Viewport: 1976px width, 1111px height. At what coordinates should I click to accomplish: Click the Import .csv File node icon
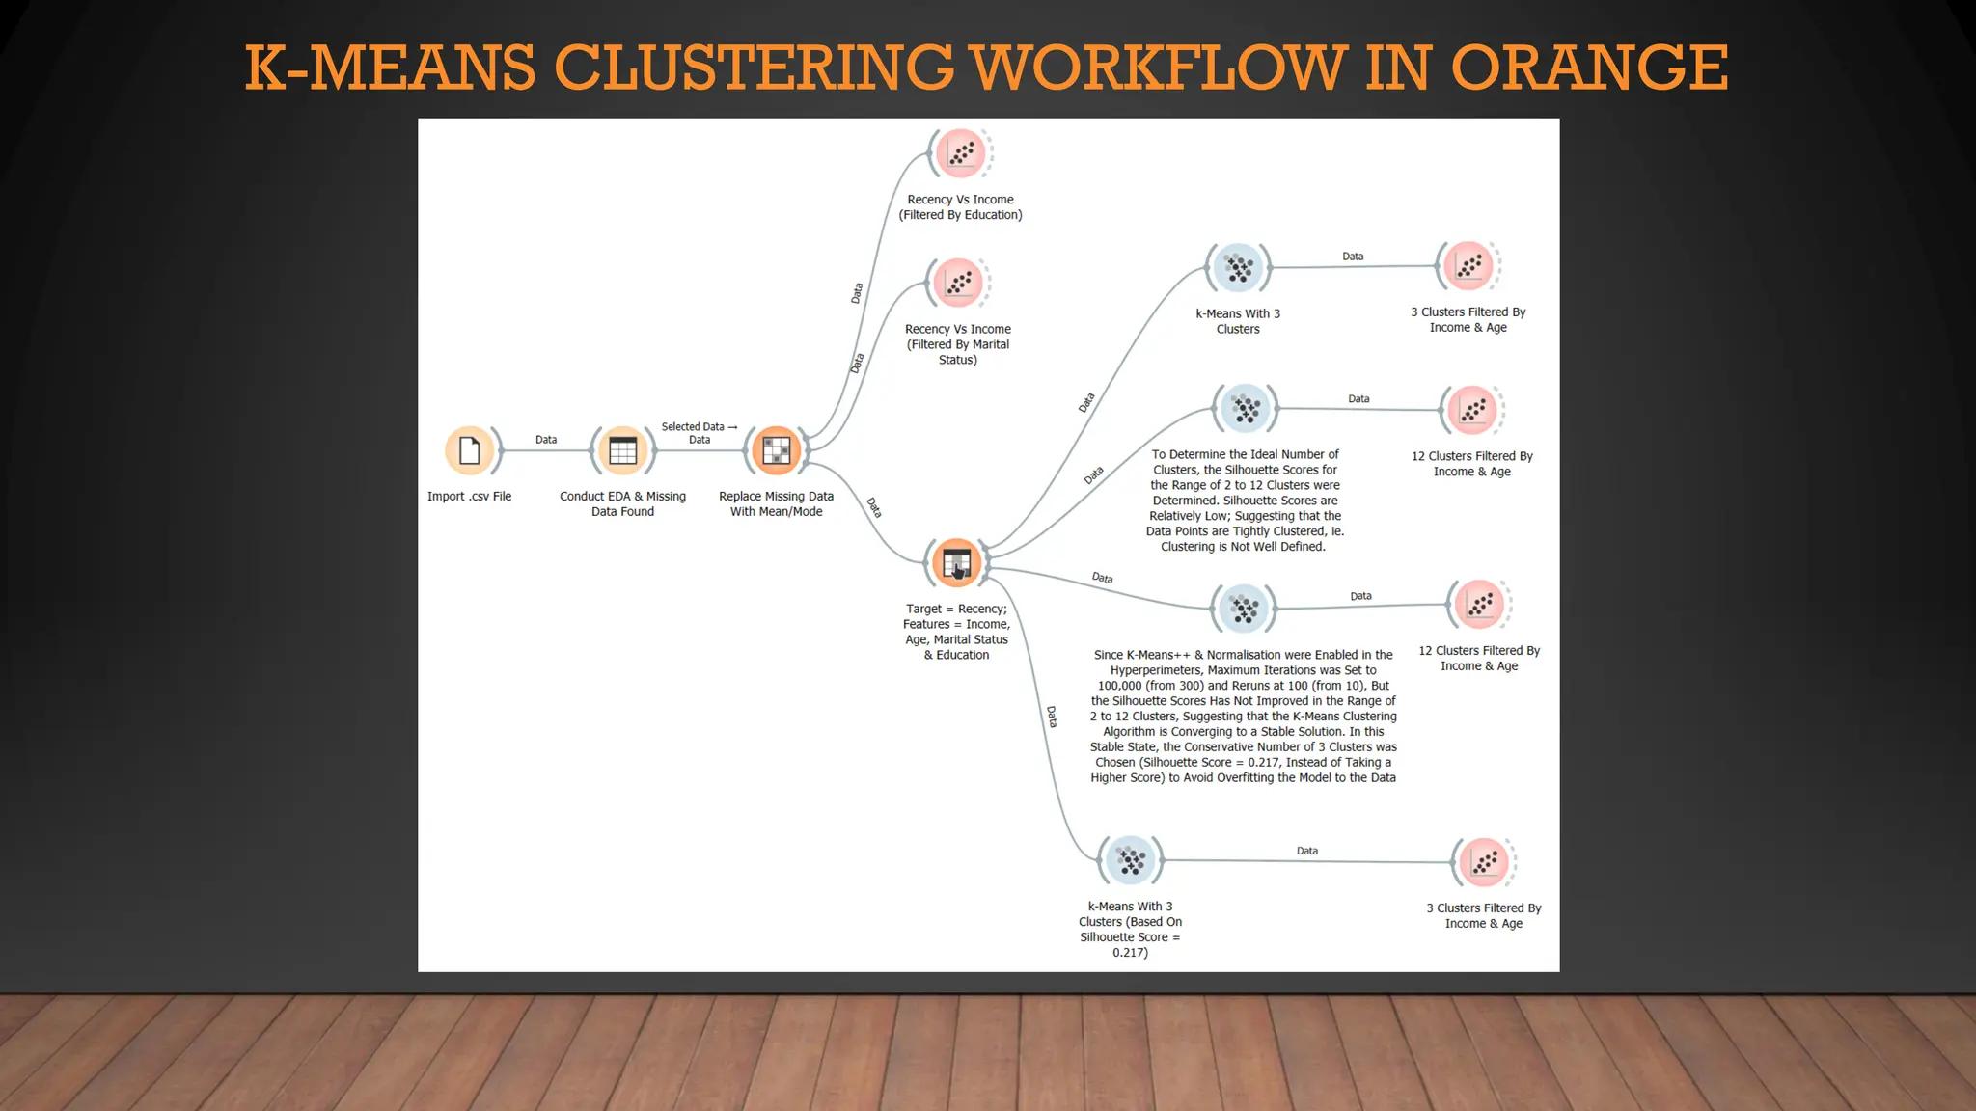(x=470, y=450)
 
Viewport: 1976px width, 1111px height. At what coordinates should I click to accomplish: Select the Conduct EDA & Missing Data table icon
(x=623, y=450)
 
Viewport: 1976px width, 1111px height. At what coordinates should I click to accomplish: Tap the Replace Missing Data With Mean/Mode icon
(x=777, y=450)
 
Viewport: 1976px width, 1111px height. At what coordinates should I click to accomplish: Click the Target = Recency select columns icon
(x=956, y=562)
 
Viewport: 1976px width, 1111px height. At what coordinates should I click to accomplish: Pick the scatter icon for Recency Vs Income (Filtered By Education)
(x=961, y=152)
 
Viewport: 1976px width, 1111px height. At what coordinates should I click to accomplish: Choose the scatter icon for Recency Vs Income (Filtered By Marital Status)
(x=958, y=283)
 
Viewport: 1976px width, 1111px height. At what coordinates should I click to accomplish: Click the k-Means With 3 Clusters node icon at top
(x=1239, y=267)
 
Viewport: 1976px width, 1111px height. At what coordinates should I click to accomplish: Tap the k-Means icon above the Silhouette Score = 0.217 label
(x=1131, y=859)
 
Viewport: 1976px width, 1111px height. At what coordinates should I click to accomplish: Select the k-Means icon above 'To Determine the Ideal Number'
(x=1246, y=409)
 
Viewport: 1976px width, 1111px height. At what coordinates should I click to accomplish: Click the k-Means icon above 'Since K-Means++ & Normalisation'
(x=1244, y=609)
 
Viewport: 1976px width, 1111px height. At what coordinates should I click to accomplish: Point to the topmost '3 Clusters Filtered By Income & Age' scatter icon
(x=1468, y=266)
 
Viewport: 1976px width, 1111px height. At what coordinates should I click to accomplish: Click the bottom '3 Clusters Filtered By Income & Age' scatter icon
(x=1484, y=862)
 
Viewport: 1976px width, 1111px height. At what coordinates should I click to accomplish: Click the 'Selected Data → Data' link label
(x=700, y=433)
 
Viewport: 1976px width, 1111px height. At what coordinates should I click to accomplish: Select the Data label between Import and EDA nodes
(x=546, y=440)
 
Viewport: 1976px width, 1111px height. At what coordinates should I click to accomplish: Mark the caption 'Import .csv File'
(x=469, y=497)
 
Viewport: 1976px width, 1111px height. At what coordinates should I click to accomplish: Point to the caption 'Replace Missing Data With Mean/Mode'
(x=776, y=503)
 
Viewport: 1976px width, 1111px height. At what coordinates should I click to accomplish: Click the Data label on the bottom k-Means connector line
(x=1307, y=851)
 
